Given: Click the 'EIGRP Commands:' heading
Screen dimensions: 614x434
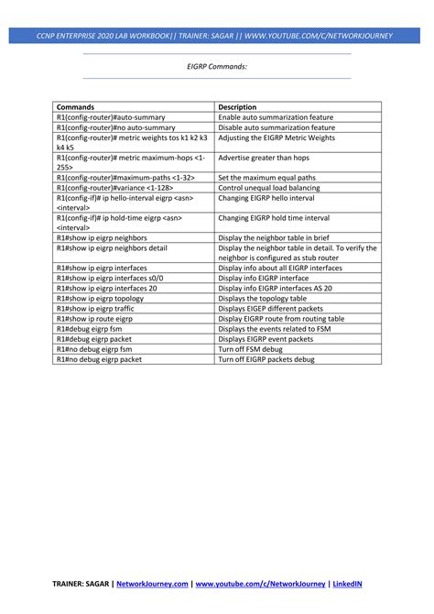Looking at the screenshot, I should tap(217, 66).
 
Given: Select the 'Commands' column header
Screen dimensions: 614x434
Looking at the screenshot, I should tap(75, 107).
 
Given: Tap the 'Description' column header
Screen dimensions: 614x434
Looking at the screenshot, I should tap(237, 107).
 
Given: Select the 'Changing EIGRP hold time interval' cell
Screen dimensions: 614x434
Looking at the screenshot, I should tap(274, 218).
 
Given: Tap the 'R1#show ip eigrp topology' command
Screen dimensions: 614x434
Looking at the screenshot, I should tap(100, 298).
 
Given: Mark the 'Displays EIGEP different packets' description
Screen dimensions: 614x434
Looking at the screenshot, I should tap(272, 308).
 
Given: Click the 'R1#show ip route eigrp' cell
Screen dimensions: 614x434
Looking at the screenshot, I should tap(94, 318).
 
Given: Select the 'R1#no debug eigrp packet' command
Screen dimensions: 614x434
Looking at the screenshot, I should tap(99, 358).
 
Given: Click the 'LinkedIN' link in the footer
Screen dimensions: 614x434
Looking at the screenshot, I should tap(347, 583).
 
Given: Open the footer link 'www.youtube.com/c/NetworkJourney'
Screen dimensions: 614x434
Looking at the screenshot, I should tap(260, 583).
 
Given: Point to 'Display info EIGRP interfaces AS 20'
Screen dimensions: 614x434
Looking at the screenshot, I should tap(275, 288).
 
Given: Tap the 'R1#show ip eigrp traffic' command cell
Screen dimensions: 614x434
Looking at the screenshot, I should tap(94, 308).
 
